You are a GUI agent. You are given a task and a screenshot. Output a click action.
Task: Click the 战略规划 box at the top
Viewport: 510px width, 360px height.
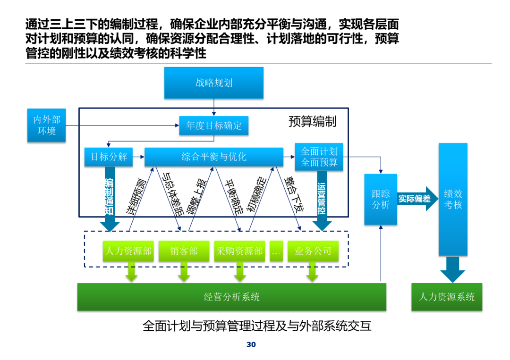tap(214, 83)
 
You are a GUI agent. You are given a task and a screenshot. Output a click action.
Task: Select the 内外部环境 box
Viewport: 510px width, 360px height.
tap(46, 126)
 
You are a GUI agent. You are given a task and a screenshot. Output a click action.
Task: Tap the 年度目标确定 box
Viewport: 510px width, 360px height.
tap(214, 126)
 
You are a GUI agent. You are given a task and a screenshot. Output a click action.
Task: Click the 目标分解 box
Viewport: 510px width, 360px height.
tap(108, 157)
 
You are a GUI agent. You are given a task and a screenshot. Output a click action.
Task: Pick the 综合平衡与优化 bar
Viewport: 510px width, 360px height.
tap(214, 157)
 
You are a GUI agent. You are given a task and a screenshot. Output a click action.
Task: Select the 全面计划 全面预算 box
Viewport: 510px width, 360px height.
tap(319, 157)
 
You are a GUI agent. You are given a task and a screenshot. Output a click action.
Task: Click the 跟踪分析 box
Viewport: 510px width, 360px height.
tap(381, 199)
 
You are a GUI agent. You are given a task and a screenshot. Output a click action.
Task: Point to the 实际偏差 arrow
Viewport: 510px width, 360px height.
tap(417, 199)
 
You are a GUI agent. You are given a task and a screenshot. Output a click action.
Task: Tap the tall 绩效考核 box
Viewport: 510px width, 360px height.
tap(453, 199)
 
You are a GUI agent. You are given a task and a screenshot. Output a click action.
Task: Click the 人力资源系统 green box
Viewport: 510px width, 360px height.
tap(447, 297)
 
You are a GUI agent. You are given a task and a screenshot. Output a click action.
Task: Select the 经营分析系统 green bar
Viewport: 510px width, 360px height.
tap(231, 297)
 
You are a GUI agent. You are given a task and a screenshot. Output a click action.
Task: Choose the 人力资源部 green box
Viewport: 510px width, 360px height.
tap(128, 251)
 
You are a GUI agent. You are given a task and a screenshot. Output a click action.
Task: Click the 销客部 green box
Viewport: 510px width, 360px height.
tap(184, 251)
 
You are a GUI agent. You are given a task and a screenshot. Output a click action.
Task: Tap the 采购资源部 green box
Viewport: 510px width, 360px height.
tap(239, 251)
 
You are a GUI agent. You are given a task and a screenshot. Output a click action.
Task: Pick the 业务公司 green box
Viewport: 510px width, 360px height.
tap(313, 251)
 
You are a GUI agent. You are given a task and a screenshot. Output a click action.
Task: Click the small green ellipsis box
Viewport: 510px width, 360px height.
tap(276, 251)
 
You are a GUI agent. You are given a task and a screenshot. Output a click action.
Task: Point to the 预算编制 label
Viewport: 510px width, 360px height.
tap(312, 122)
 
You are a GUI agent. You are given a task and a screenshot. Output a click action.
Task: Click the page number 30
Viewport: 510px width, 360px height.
tap(251, 344)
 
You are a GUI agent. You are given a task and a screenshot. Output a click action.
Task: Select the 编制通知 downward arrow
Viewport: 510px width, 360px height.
tap(110, 199)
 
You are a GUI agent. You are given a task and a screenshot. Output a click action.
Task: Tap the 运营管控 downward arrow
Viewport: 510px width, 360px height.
tap(322, 201)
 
